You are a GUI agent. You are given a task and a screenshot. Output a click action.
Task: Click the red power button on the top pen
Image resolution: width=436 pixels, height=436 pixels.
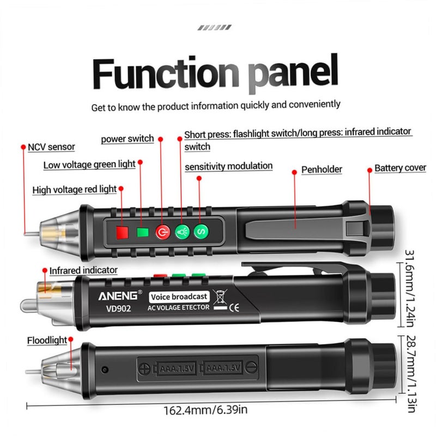(161, 232)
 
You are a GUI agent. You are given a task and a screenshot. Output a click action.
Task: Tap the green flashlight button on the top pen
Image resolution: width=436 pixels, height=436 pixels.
(181, 232)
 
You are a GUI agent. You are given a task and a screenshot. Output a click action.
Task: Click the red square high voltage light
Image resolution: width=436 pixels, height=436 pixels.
(122, 233)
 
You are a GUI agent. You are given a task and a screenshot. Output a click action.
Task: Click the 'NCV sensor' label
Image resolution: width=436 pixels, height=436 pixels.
(51, 147)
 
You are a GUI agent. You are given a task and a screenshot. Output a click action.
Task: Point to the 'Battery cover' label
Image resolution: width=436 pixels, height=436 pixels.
(400, 168)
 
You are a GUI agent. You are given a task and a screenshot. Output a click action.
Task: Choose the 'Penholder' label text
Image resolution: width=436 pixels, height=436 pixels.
(322, 169)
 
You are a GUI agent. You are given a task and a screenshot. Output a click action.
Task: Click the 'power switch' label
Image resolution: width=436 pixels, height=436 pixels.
(127, 138)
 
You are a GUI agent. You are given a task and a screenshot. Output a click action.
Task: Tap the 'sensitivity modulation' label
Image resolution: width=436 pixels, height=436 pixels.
(228, 166)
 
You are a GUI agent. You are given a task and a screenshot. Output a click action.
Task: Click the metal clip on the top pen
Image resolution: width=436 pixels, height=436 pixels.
(294, 225)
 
